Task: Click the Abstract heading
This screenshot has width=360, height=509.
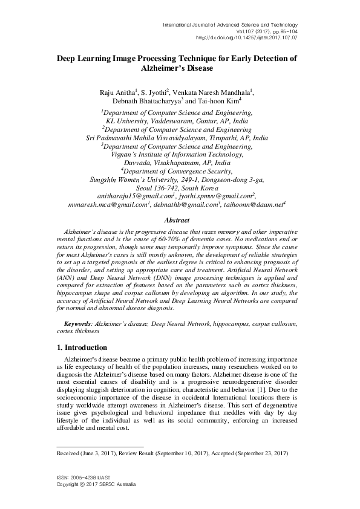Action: pos(181,221)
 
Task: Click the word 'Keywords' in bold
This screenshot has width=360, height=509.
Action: pos(79,325)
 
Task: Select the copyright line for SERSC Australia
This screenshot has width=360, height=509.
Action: pos(96,485)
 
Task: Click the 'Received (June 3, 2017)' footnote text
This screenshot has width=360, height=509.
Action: pos(93,452)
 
